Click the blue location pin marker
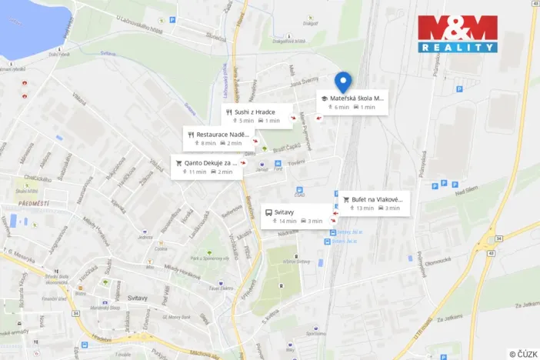(343, 81)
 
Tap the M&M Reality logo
(457, 34)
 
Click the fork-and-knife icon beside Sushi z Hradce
(228, 112)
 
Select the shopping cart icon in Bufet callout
(347, 199)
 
